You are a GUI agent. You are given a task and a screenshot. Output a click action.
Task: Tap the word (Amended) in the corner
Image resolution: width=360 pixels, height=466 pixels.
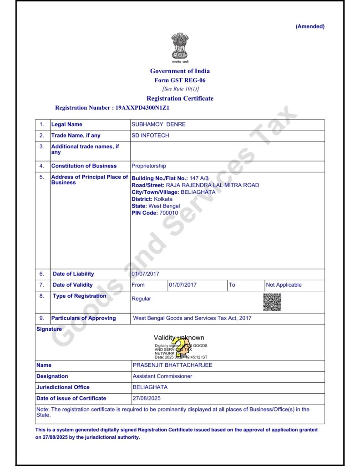click(310, 26)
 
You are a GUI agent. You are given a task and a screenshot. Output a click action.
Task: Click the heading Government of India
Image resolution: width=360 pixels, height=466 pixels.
click(180, 71)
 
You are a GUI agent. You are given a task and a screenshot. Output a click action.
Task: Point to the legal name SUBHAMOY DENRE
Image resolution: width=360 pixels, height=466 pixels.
click(158, 124)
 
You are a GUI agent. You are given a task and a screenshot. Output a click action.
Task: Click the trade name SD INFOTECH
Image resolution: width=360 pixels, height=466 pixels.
click(150, 136)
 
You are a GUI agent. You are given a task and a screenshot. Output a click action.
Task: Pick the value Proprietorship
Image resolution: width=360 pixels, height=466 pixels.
click(149, 166)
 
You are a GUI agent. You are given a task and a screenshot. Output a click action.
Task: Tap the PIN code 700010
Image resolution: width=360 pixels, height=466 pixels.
click(169, 213)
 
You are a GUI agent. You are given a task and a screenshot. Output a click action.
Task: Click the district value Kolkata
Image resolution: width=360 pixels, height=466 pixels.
click(163, 199)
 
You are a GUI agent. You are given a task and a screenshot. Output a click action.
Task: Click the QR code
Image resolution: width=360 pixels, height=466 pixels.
click(272, 302)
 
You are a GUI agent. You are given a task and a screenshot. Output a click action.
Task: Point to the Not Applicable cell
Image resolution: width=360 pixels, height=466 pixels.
click(284, 285)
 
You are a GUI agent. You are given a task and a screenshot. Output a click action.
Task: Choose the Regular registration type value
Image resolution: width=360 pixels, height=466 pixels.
click(141, 299)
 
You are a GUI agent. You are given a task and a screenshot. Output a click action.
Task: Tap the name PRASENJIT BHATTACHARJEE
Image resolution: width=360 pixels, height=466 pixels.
click(172, 365)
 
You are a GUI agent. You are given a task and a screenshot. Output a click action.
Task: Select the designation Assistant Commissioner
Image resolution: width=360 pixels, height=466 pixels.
click(162, 376)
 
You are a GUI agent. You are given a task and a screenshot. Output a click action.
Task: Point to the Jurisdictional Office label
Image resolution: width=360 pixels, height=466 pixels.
click(63, 387)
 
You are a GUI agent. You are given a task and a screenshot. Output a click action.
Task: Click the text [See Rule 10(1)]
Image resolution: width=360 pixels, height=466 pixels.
click(180, 89)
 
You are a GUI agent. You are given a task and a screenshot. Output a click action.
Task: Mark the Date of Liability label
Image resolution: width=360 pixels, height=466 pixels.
click(73, 274)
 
